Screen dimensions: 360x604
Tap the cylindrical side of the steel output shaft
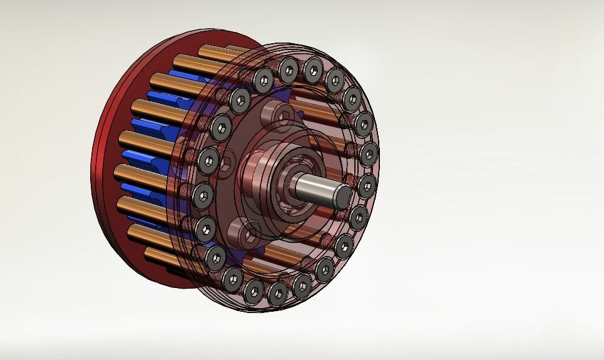316,187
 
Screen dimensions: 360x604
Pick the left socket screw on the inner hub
225,164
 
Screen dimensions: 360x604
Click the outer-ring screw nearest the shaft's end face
366,185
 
